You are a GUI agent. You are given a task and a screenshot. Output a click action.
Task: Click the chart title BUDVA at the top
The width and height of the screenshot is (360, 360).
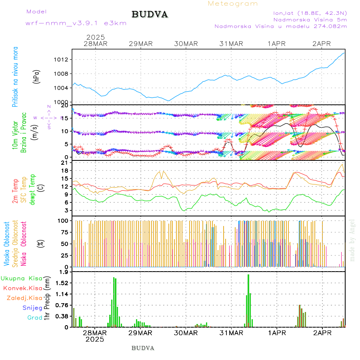[x=150, y=15]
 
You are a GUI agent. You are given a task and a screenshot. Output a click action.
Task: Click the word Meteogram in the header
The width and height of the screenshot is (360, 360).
[x=233, y=4]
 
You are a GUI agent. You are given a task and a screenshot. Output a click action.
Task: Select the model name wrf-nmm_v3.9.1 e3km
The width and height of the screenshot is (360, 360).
[x=76, y=23]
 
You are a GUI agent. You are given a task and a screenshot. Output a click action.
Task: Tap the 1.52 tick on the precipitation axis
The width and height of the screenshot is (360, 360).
[x=62, y=283]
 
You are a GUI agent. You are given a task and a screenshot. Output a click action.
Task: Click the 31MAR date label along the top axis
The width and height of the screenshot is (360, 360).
[x=231, y=44]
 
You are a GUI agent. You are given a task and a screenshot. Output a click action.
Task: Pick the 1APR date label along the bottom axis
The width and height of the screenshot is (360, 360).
[x=277, y=333]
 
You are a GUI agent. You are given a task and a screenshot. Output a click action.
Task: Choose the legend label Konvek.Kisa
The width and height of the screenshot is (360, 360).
[x=23, y=288]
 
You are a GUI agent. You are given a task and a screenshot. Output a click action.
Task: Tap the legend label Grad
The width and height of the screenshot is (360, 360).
[x=35, y=318]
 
